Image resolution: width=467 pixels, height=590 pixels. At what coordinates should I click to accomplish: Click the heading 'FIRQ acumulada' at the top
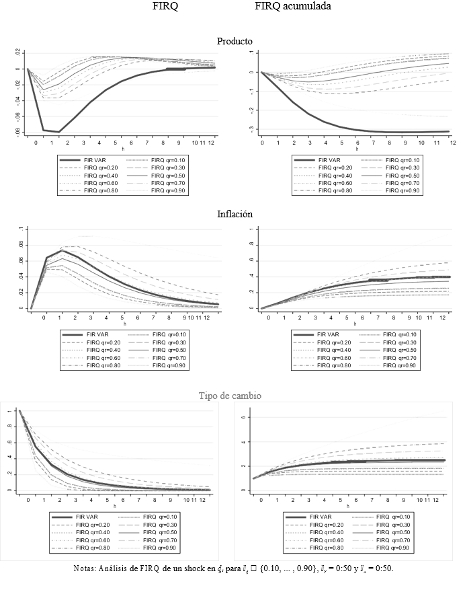click(x=292, y=7)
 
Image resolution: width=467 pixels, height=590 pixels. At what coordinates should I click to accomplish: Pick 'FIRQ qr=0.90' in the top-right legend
click(x=405, y=191)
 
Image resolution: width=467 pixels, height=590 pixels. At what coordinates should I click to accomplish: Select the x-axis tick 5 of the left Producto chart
click(x=114, y=143)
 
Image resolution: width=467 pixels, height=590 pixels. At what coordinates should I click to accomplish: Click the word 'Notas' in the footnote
click(x=86, y=568)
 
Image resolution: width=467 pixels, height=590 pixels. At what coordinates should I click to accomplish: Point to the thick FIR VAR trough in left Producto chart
click(x=59, y=131)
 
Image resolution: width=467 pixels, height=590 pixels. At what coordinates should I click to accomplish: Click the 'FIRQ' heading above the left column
click(x=166, y=7)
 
